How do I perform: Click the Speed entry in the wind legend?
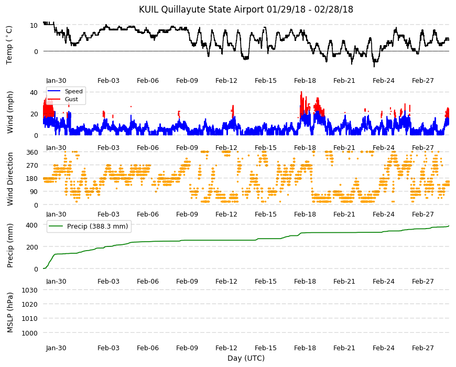pyautogui.click(x=73, y=91)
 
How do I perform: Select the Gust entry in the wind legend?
pyautogui.click(x=71, y=99)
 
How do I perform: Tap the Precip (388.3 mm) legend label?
pyautogui.click(x=97, y=226)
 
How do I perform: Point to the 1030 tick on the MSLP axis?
pyautogui.click(x=29, y=290)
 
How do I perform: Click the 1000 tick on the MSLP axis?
pyautogui.click(x=29, y=333)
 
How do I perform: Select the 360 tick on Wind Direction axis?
pyautogui.click(x=32, y=152)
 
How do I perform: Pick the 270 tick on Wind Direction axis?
pyautogui.click(x=32, y=165)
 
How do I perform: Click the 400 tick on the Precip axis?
pyautogui.click(x=32, y=225)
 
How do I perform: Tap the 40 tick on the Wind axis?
pyautogui.click(x=34, y=92)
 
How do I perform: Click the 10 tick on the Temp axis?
pyautogui.click(x=34, y=25)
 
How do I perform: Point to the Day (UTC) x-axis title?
pyautogui.click(x=246, y=358)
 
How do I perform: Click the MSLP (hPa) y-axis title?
pyautogui.click(x=10, y=312)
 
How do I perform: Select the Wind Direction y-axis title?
pyautogui.click(x=10, y=179)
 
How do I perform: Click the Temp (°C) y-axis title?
pyautogui.click(x=9, y=45)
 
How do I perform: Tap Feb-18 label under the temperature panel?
pyautogui.click(x=305, y=81)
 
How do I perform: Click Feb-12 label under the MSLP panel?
pyautogui.click(x=226, y=348)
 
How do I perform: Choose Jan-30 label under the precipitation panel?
pyautogui.click(x=56, y=281)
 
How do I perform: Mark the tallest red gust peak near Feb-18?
pyautogui.click(x=301, y=92)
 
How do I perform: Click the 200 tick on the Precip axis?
pyautogui.click(x=32, y=247)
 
